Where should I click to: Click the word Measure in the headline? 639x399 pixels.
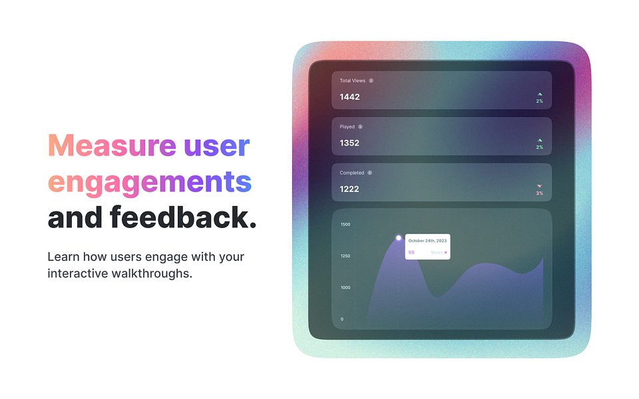coord(111,146)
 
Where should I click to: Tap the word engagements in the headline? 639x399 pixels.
coord(150,181)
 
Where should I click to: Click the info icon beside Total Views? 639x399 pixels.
coord(371,80)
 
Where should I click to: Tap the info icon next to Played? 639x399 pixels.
coord(360,126)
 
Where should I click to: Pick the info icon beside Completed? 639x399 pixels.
coord(369,173)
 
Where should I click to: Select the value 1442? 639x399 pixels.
coord(349,97)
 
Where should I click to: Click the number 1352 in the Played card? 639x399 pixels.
coord(349,143)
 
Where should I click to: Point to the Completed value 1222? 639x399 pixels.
coord(349,189)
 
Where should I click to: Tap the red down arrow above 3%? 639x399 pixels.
coord(540,186)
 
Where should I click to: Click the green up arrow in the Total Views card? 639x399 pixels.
coord(540,94)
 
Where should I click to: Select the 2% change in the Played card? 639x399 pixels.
coord(540,147)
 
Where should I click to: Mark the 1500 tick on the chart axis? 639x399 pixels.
coord(345,224)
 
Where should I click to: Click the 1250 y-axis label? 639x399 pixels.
coord(345,256)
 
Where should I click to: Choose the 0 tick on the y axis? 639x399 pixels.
coord(342,319)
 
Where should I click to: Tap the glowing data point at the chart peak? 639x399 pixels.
coord(399,237)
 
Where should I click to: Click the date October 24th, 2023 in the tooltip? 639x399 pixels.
coord(427,241)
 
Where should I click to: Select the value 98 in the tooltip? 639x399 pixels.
coord(411,253)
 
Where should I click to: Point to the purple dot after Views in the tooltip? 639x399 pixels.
coord(446,253)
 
